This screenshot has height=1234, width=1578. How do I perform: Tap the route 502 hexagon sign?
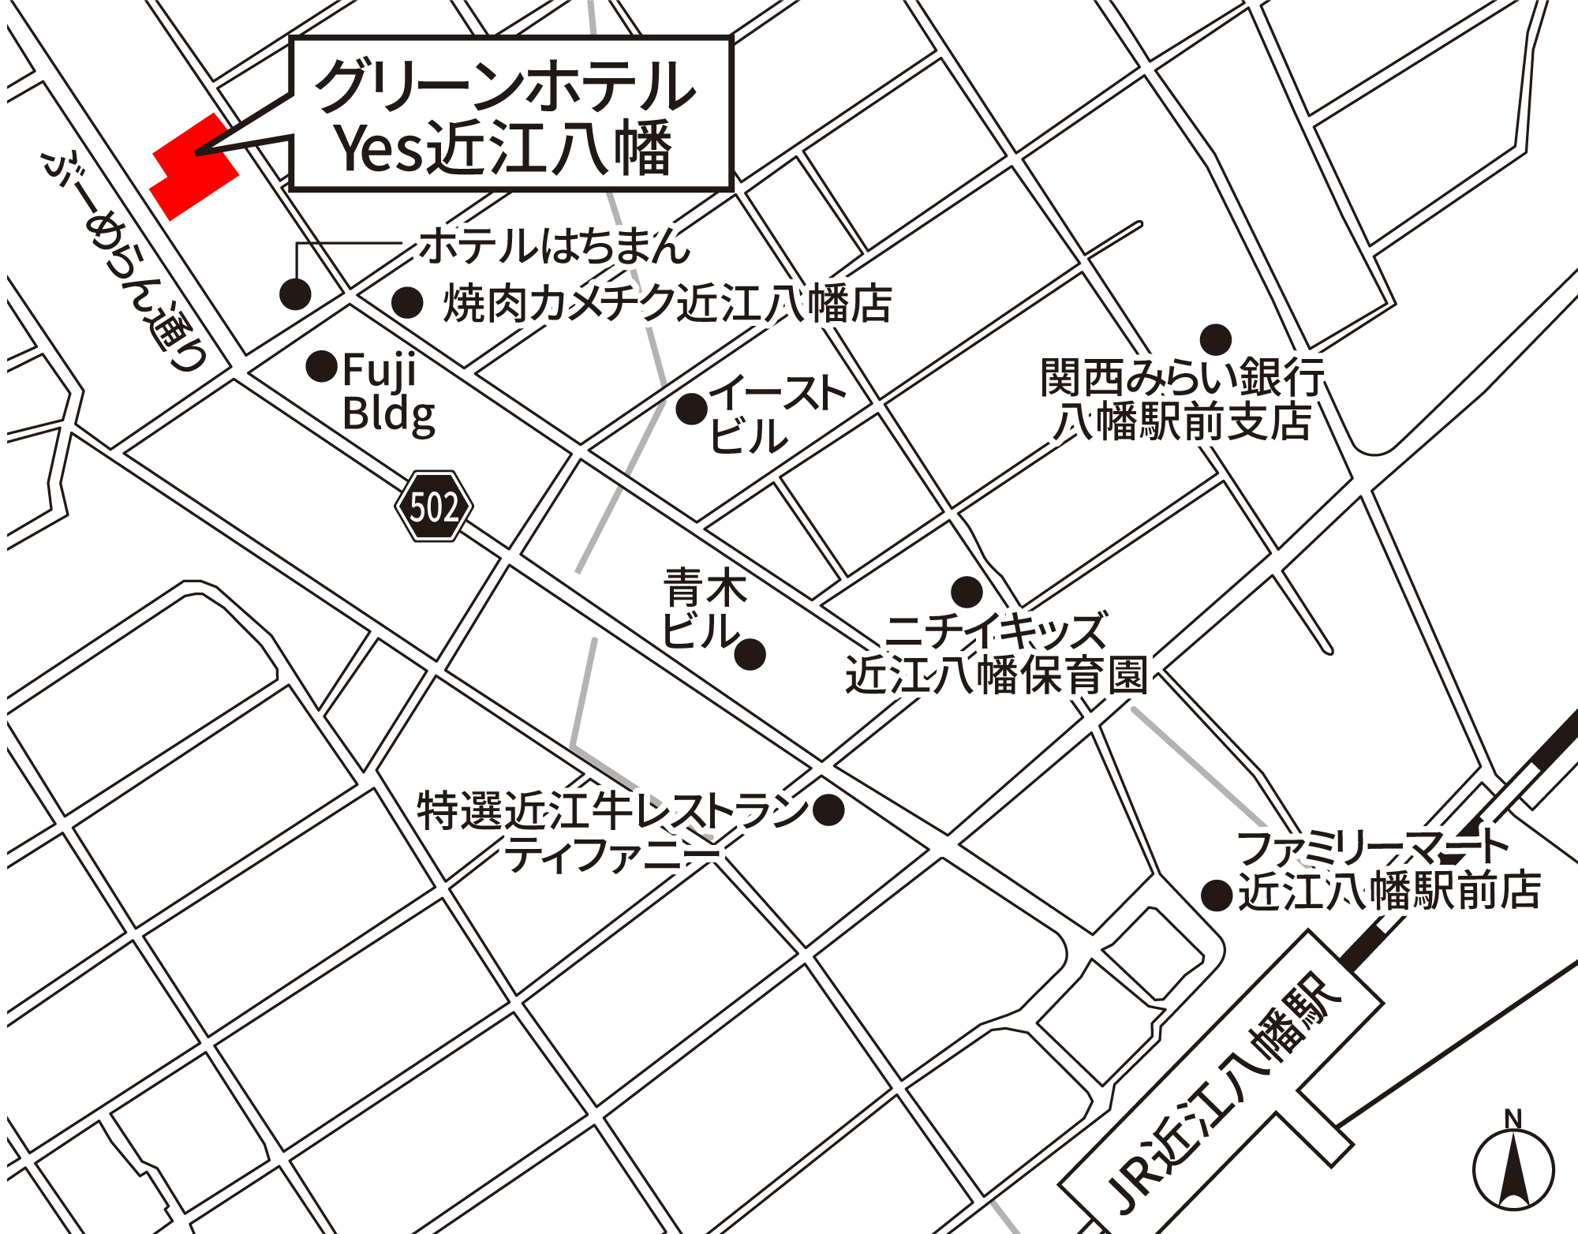[434, 507]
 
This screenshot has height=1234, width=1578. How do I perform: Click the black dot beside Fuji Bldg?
[321, 366]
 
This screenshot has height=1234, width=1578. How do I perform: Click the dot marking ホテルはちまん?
[295, 294]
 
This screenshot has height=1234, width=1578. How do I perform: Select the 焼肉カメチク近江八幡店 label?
[667, 304]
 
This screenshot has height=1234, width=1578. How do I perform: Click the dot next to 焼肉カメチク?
[407, 302]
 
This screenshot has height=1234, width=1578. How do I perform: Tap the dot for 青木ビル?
[750, 653]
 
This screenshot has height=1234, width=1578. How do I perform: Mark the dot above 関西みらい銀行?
[1215, 340]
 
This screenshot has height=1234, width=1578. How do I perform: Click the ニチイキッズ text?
[996, 631]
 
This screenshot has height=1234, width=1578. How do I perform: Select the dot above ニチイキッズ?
[966, 591]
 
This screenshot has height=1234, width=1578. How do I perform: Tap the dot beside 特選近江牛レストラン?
[828, 810]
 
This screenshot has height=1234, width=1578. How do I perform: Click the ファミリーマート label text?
[1371, 848]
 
